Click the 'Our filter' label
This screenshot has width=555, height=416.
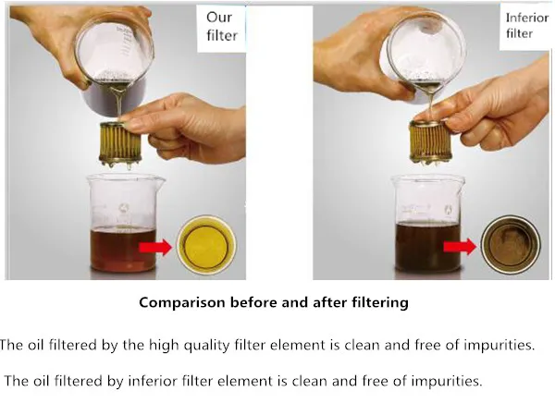(x=222, y=27)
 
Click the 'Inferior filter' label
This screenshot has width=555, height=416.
(x=526, y=26)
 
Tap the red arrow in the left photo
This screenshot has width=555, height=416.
(x=155, y=247)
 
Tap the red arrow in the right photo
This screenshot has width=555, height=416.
(x=460, y=247)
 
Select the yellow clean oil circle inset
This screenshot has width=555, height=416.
(x=206, y=244)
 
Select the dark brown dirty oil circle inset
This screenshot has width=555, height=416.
(x=511, y=244)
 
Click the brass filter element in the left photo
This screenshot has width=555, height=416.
(x=120, y=144)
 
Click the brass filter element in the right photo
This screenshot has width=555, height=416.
(x=430, y=142)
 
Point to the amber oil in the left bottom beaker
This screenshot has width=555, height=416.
(x=123, y=250)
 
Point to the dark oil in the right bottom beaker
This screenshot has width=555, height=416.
(x=427, y=247)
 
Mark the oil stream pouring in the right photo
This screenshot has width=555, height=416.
(x=430, y=103)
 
